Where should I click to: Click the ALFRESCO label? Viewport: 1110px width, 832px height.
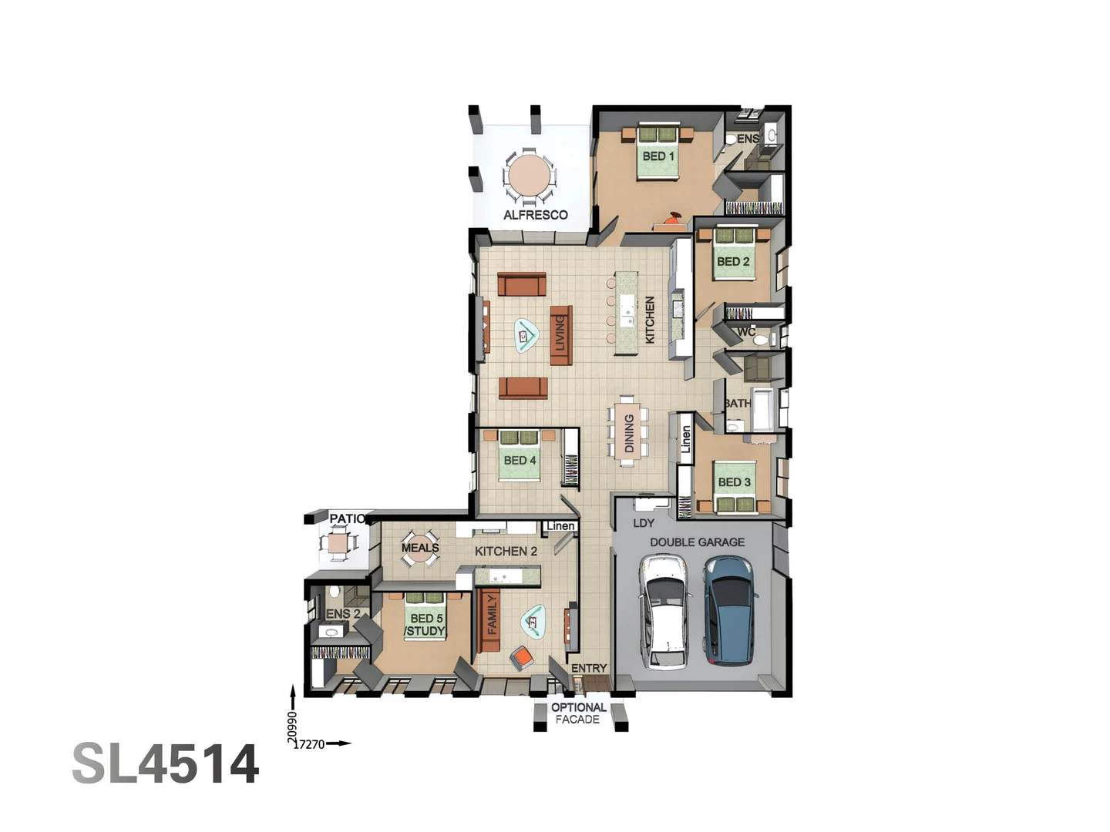click(535, 215)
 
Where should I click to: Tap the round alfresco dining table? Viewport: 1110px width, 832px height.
click(529, 176)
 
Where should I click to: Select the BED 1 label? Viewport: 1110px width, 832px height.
click(658, 156)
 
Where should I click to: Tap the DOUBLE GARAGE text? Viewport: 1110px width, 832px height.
click(697, 542)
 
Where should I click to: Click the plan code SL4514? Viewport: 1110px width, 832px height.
click(166, 764)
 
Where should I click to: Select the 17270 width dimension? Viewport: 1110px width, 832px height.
click(309, 744)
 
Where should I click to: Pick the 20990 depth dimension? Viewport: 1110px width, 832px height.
click(292, 726)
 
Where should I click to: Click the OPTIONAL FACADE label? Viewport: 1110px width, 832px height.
click(578, 713)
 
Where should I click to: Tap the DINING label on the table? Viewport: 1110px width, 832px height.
click(629, 433)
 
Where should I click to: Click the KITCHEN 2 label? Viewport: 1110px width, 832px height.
click(506, 552)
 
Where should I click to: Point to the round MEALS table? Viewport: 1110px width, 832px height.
click(420, 549)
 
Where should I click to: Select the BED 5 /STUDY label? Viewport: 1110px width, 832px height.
click(425, 625)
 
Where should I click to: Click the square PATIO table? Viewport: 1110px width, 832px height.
click(338, 544)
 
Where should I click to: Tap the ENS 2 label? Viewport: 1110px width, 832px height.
click(343, 614)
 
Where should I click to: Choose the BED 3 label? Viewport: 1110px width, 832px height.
click(734, 482)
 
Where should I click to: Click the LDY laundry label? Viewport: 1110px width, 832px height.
click(644, 523)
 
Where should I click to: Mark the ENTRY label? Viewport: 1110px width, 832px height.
click(589, 668)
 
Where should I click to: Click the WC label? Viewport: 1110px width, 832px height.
click(745, 332)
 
